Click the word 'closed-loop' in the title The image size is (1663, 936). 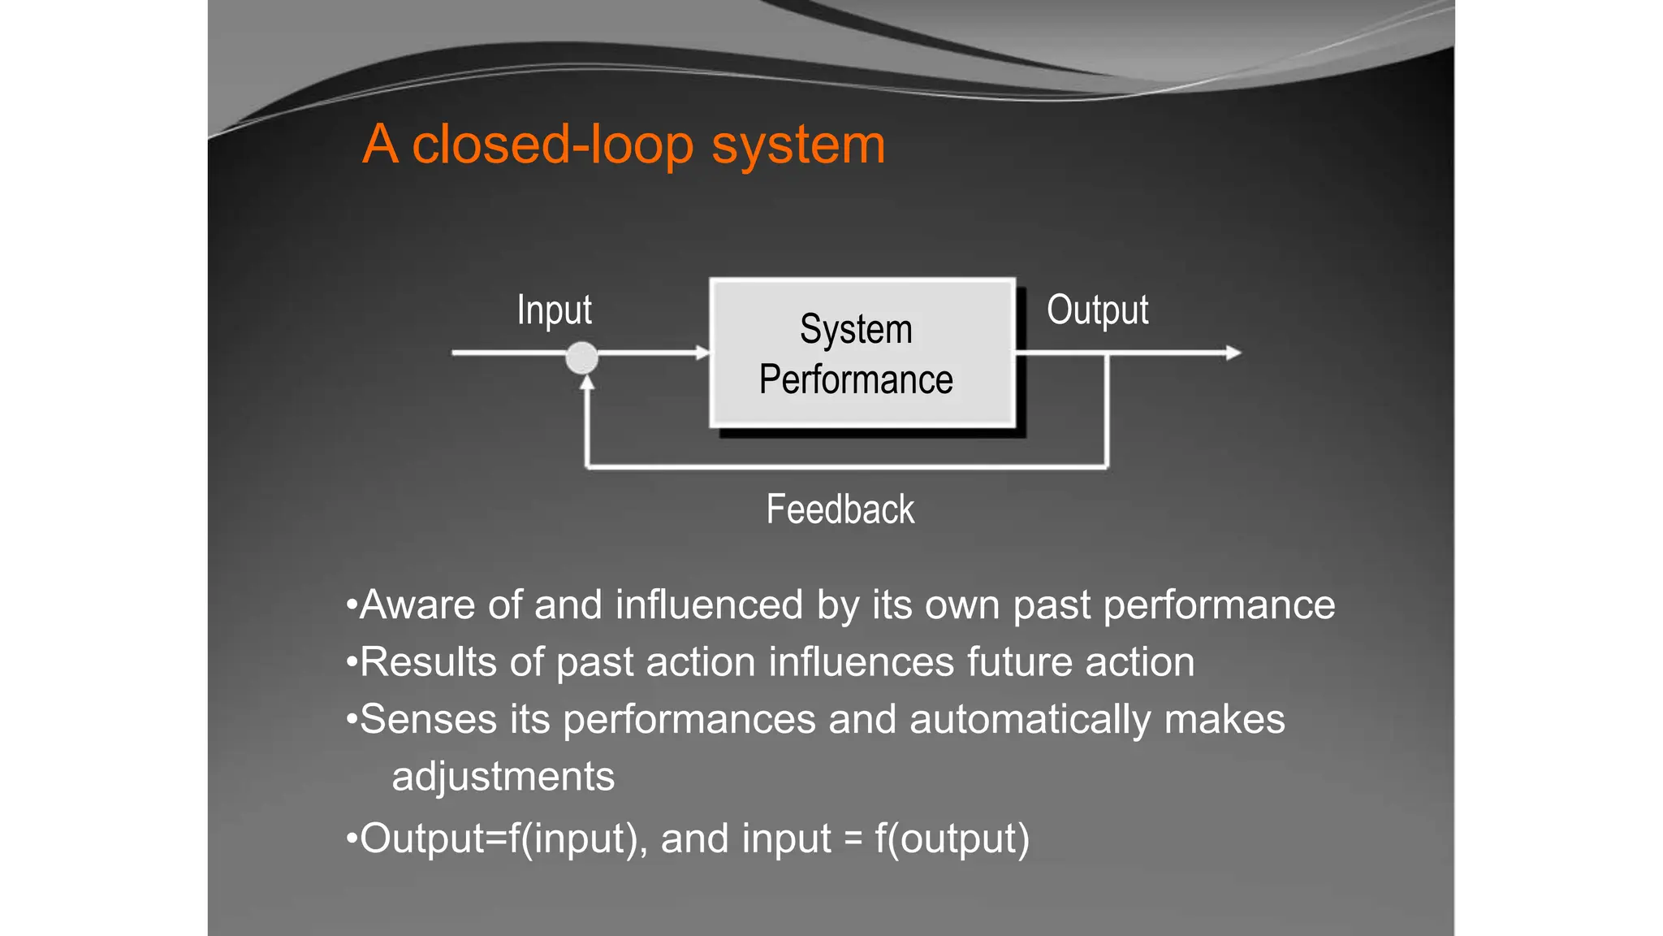pos(553,145)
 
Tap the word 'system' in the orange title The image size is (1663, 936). pos(798,146)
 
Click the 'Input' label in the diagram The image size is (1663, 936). pos(555,310)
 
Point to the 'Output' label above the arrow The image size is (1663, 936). pos(1097,310)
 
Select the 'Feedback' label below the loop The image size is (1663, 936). pos(840,510)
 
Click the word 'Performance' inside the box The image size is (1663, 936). pos(856,380)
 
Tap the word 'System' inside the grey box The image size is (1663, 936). pos(856,330)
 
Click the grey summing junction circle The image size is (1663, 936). pos(582,357)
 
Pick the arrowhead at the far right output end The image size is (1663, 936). pos(1233,353)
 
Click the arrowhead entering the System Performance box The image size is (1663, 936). pos(702,353)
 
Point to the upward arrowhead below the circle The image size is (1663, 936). pos(587,382)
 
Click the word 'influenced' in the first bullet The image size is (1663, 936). pos(709,605)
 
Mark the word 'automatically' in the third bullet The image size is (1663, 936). pos(1030,720)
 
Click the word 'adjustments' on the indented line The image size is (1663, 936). pos(503,777)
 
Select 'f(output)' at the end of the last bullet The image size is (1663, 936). pos(952,838)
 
